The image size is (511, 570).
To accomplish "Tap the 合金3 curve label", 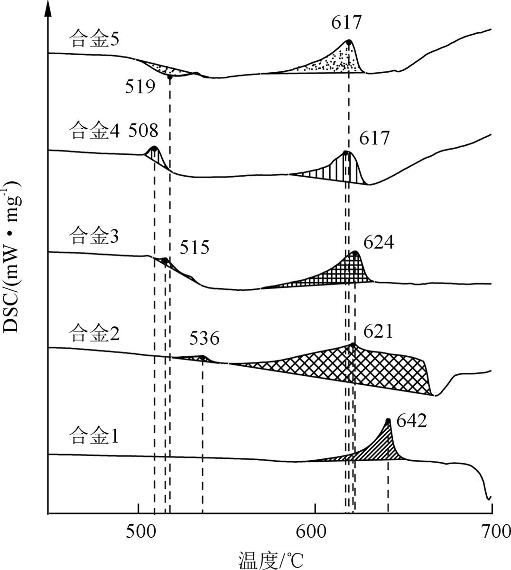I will (x=93, y=236).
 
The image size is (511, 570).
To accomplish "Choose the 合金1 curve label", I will (x=93, y=435).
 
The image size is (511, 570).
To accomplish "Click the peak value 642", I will (x=412, y=421).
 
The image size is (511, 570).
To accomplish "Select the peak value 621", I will (x=378, y=331).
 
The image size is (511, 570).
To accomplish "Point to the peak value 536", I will (x=204, y=339).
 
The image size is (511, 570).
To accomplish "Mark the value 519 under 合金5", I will (x=140, y=86).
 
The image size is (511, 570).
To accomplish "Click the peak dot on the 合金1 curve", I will (x=388, y=420).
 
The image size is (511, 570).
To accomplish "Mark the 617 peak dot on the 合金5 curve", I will (x=349, y=42).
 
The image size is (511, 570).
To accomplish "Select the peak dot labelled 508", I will (x=154, y=149).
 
